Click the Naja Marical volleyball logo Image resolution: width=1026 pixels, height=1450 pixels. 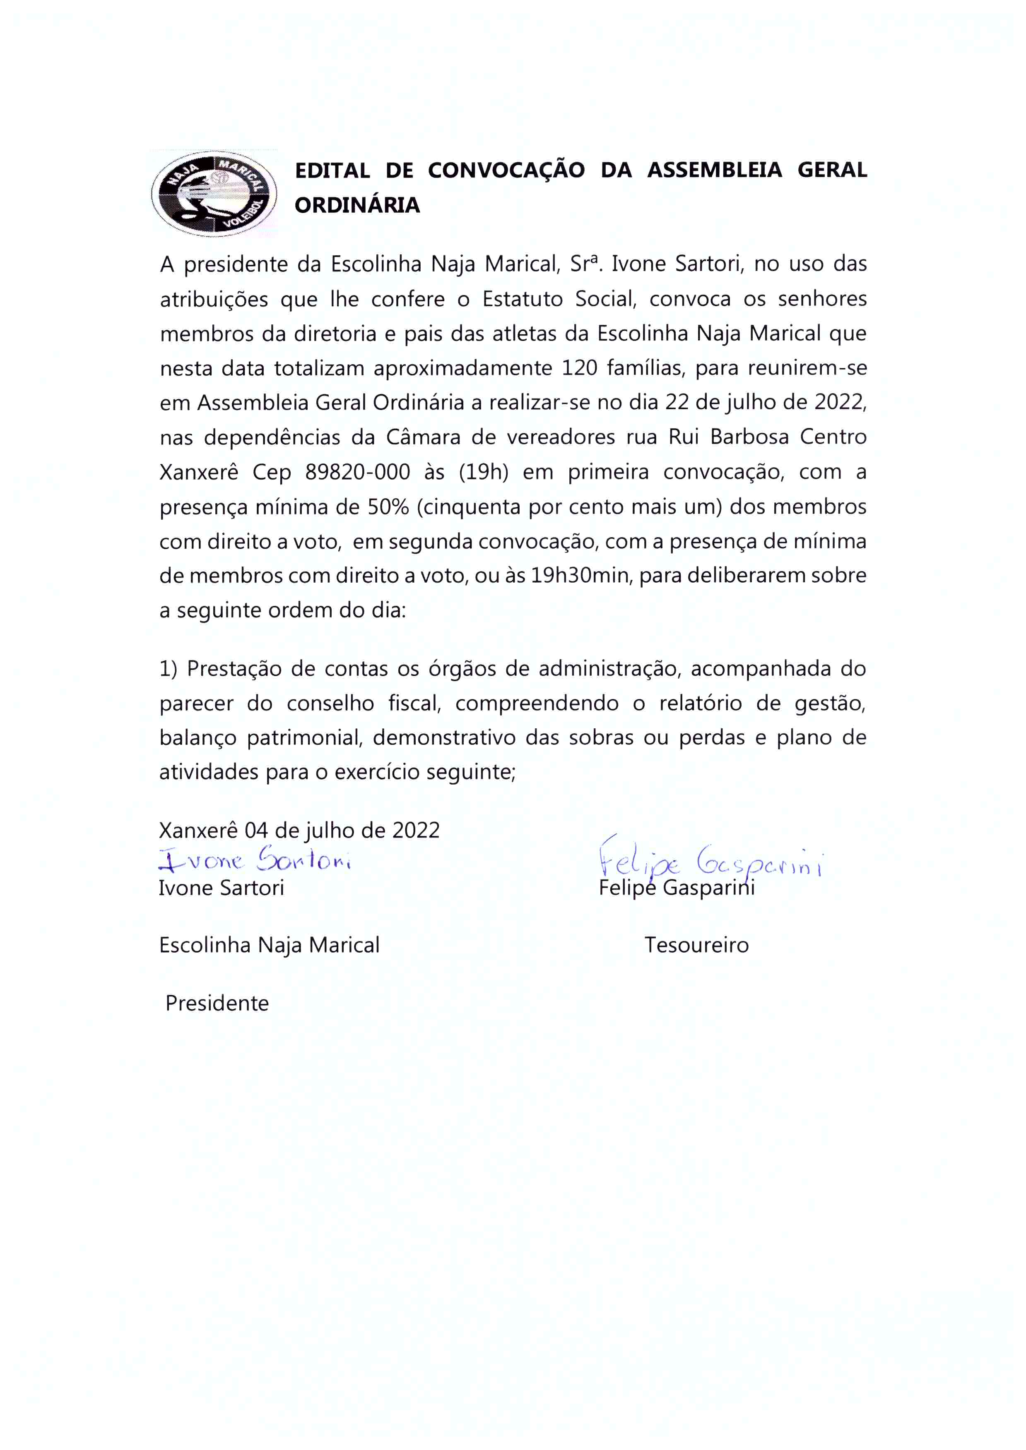click(214, 194)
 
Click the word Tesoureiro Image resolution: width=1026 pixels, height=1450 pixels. click(696, 946)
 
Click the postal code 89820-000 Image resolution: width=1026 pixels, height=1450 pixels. click(358, 472)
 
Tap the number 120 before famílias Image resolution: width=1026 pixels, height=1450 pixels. click(579, 367)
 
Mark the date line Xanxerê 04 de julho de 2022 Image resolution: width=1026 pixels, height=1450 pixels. click(299, 830)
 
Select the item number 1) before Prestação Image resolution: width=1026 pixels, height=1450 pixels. click(168, 669)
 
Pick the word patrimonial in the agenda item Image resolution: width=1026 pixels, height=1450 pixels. click(304, 738)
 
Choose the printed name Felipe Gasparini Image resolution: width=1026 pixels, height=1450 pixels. click(677, 888)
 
